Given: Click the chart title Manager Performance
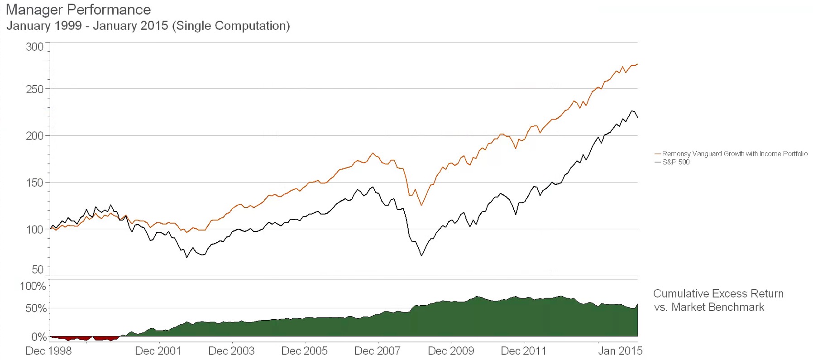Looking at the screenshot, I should tap(78, 10).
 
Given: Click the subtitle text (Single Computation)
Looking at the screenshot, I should tap(231, 26).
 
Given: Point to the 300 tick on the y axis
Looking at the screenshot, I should tap(35, 47).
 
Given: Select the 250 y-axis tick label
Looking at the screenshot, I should tap(35, 89).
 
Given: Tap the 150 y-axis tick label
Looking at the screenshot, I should tap(35, 182).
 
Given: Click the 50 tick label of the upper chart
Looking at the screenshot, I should tap(38, 269).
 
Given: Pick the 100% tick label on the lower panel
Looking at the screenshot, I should tap(33, 286).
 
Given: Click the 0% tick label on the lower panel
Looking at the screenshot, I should tap(39, 337).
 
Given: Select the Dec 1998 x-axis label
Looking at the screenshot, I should tap(48, 351).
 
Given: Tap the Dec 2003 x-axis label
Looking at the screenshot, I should tap(231, 351).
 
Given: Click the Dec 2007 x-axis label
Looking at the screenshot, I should tap(378, 351).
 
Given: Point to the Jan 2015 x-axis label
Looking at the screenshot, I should tap(620, 351).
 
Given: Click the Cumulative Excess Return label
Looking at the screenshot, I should tap(718, 294).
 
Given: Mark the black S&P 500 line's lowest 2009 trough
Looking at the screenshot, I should tap(421, 256).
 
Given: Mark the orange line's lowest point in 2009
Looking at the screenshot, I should tap(421, 205).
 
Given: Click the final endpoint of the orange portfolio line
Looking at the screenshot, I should tap(637, 64).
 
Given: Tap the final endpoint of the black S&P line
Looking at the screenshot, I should tap(637, 118).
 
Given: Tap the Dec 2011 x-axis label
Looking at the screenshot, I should tap(524, 351).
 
